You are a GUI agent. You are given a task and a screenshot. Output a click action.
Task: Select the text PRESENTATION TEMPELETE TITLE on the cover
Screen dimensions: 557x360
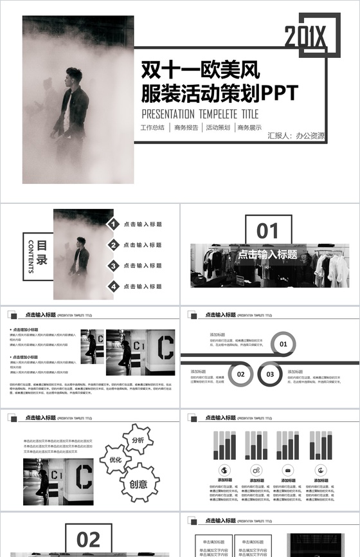click(199, 113)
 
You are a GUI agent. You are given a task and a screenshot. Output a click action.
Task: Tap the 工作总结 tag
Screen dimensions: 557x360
click(152, 128)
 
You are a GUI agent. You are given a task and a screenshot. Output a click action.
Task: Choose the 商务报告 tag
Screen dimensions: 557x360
click(186, 128)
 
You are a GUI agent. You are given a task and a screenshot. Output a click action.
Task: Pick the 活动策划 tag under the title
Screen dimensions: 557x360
click(218, 128)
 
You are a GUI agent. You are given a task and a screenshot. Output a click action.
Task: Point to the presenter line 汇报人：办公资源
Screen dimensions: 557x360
click(296, 136)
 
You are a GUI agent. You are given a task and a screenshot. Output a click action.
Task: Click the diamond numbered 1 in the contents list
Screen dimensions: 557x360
click(113, 224)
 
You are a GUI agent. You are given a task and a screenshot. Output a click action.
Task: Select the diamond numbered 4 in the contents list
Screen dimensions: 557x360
click(113, 286)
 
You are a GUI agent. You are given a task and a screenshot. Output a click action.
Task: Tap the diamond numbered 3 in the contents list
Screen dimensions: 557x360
click(113, 266)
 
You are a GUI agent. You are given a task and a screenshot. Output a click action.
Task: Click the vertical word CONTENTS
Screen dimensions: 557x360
click(30, 256)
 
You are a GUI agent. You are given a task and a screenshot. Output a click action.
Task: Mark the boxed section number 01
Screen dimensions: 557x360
click(268, 230)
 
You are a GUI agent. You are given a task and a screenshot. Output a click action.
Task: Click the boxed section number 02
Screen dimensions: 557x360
click(89, 539)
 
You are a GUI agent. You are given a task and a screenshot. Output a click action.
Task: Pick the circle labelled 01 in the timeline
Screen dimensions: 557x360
click(283, 344)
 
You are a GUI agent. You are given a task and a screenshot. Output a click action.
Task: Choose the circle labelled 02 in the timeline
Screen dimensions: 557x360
click(241, 374)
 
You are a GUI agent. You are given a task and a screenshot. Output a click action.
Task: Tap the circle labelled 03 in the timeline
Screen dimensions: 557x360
click(270, 374)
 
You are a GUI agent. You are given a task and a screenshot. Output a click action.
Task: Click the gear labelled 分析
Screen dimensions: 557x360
click(138, 440)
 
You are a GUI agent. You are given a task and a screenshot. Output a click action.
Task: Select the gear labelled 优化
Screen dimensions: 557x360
click(116, 460)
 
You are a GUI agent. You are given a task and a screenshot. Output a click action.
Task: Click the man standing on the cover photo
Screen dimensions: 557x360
click(73, 106)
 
